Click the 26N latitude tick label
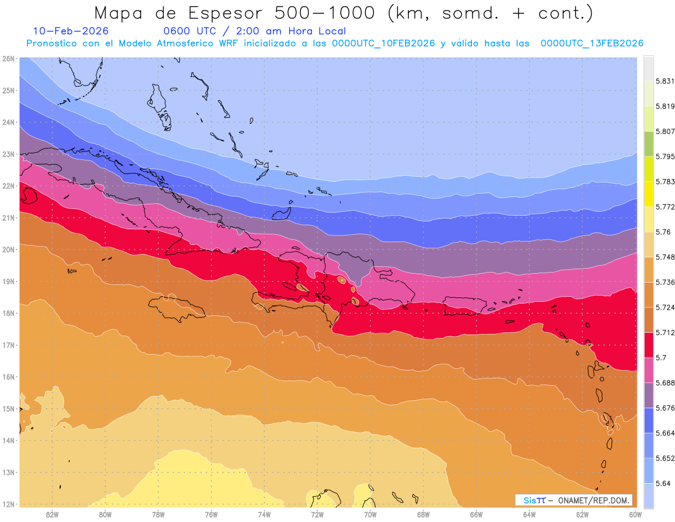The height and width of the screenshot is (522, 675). click(8, 59)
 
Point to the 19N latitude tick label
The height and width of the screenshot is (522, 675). click(8, 282)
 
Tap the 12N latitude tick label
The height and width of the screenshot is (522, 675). click(8, 504)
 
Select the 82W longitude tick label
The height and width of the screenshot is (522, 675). click(52, 514)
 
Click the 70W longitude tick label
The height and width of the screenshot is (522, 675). click(370, 514)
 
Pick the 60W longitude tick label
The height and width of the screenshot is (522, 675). click(636, 514)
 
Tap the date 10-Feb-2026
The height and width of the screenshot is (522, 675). click(71, 31)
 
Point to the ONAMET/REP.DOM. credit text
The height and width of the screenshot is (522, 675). click(593, 500)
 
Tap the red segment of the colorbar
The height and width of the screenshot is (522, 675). click(649, 345)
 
